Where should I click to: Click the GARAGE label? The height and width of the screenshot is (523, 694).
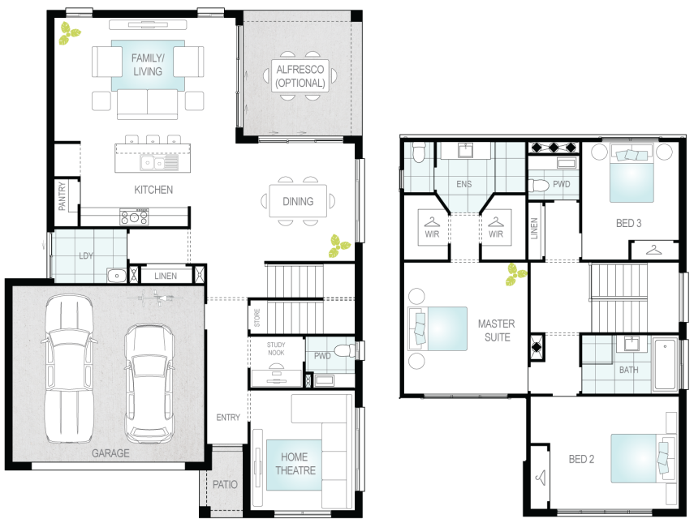pos(110,453)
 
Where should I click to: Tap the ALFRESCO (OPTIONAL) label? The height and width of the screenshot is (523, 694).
pos(300,76)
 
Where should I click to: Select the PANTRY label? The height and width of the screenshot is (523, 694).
pos(62,196)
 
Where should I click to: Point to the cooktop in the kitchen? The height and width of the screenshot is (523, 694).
pos(135,216)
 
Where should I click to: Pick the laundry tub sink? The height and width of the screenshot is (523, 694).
pos(117,276)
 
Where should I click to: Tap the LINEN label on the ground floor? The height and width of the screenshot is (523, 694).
pos(166,276)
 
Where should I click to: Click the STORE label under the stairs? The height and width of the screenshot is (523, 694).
pos(257,318)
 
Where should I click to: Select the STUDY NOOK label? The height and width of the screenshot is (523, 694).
pos(276,349)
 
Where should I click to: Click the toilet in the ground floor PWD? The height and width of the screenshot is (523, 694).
pos(344,351)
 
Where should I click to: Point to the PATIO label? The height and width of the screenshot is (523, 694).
pos(225,485)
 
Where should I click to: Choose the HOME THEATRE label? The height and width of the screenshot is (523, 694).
pos(295,463)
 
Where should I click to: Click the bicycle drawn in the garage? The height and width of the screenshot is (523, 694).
pos(155,298)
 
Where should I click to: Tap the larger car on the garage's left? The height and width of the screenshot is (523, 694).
pos(69,369)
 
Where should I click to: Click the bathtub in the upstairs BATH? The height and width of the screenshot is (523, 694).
pos(665,365)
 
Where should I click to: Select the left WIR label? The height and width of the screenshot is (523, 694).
pos(432,234)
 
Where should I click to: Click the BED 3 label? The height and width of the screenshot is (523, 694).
pos(628,223)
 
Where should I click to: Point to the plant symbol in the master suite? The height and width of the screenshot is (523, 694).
pos(516,274)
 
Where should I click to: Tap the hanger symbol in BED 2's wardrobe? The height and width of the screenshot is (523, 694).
pos(541,478)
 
